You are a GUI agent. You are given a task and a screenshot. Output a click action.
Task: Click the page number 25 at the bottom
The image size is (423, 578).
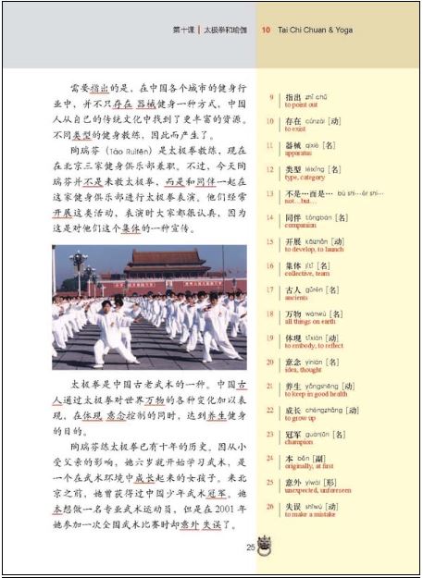250,547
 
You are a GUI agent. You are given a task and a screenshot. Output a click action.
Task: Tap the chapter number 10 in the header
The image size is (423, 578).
266,30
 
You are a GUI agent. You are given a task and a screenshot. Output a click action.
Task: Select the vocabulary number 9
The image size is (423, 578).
269,96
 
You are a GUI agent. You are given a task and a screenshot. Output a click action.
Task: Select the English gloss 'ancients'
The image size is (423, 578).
297,298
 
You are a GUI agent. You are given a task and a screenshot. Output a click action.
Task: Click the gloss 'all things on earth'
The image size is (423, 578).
311,322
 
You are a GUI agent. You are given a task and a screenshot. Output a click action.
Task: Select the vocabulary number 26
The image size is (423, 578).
269,505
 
